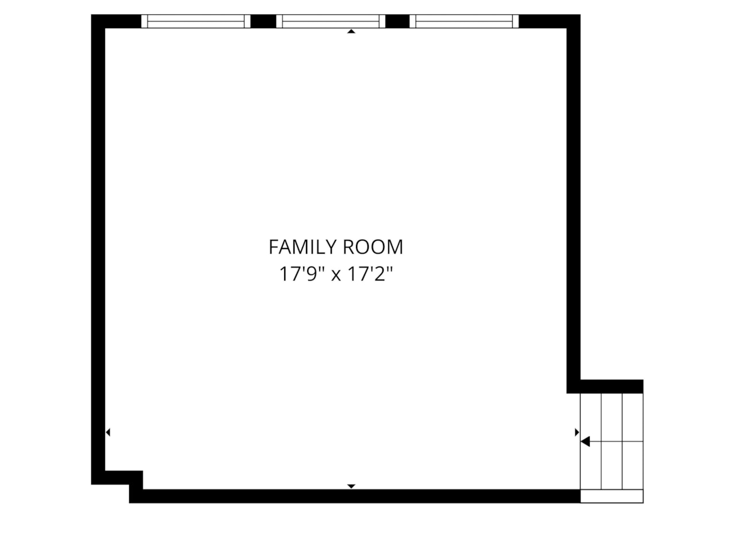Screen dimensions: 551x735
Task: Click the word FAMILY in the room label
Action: tap(303, 247)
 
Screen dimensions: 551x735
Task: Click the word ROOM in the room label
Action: tap(373, 247)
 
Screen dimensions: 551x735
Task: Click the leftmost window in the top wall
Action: tap(196, 21)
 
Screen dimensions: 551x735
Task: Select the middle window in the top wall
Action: tap(330, 21)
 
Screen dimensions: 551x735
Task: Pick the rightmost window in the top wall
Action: tap(465, 21)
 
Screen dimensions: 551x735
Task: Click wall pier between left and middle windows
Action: tap(263, 21)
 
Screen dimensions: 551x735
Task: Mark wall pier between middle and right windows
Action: tap(397, 21)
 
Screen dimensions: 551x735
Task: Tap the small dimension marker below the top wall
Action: tap(351, 32)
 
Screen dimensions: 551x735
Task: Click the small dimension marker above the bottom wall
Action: tap(351, 486)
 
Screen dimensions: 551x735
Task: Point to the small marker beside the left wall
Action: tap(108, 432)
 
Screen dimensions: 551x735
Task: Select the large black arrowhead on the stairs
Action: tap(586, 441)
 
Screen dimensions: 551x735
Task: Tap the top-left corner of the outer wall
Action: tap(98, 21)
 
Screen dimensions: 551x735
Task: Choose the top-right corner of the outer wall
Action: tap(573, 21)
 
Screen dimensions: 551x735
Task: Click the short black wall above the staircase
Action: tap(611, 386)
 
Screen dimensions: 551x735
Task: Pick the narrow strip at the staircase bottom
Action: tap(612, 496)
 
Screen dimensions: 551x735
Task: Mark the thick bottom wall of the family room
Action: tap(356, 496)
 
